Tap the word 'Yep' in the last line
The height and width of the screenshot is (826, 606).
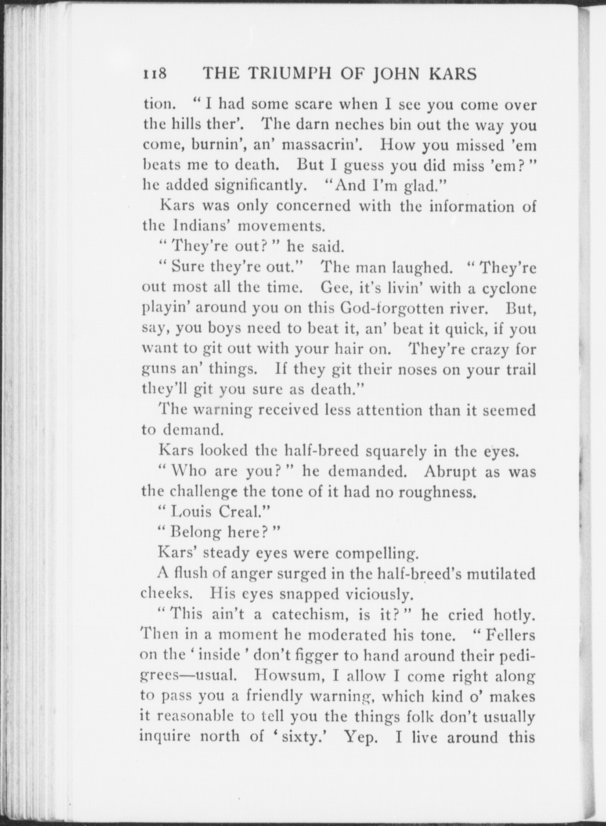359,737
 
